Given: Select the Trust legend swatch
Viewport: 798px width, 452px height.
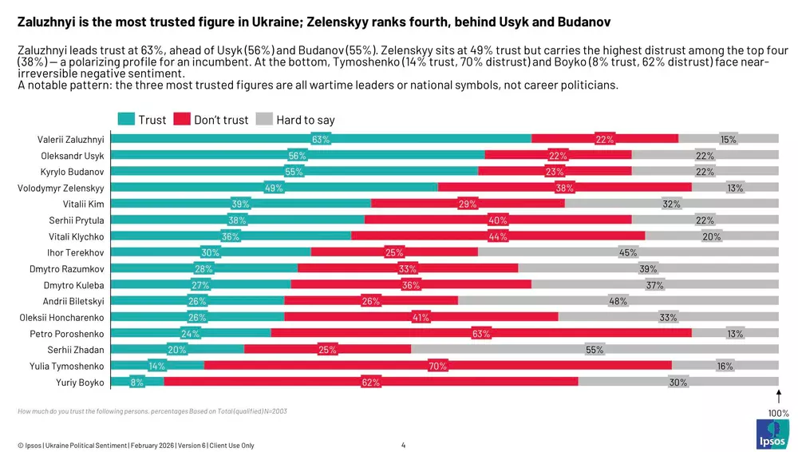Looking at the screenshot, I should click(126, 120).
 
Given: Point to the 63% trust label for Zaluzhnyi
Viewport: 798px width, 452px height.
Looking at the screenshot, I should click(321, 139).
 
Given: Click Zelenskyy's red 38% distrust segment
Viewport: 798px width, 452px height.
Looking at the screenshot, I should click(565, 188).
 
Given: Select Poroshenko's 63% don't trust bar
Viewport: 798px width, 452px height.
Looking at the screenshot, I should click(481, 333).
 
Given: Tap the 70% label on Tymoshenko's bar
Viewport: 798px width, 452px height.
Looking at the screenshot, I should click(437, 366).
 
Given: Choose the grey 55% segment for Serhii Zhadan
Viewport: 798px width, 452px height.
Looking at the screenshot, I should click(595, 349).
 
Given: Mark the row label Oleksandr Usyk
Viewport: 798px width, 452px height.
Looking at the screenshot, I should click(73, 155).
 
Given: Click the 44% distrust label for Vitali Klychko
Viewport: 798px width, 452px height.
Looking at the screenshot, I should click(498, 236).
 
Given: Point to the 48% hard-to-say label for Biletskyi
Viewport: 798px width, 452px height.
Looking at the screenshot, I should click(618, 301).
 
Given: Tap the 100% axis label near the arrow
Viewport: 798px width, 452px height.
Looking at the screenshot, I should click(778, 413).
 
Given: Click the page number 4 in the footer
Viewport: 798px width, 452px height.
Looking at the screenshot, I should click(403, 445).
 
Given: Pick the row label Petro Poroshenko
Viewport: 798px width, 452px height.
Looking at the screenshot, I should click(67, 333).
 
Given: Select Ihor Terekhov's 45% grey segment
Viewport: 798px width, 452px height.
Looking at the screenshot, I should click(628, 252).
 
